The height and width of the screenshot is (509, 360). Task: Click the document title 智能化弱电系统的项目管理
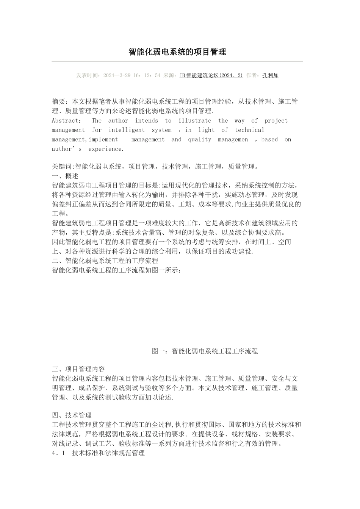pos(177,52)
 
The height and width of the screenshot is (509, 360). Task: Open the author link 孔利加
pos(270,75)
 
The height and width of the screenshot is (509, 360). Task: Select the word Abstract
pos(65,121)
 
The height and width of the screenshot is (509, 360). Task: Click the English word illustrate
pos(195,121)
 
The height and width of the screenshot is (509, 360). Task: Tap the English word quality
pos(199,139)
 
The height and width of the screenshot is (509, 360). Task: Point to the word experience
pos(106,149)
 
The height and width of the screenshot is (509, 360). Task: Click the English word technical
pos(249,130)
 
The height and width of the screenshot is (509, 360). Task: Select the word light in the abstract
pos(206,130)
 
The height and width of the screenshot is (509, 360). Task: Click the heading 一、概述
pos(65,176)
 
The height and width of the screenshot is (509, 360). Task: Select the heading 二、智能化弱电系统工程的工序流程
pos(105,261)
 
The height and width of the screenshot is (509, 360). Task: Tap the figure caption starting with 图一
pos(205,351)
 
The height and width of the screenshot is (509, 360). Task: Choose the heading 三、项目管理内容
pos(78,369)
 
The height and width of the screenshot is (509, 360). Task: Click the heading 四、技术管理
pos(72,415)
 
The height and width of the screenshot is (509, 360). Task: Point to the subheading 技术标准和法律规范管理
pos(108,453)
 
